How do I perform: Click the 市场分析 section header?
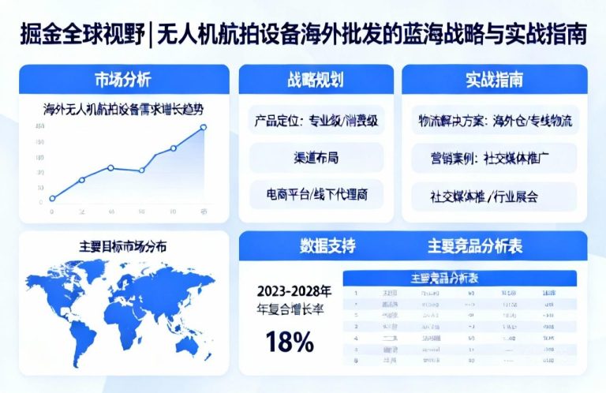tap(123, 80)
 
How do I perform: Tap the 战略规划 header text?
tap(316, 80)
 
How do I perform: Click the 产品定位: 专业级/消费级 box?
tap(316, 122)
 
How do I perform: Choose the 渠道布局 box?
tap(316, 157)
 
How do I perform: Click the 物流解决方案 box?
tap(495, 122)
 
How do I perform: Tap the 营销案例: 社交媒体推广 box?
tap(495, 157)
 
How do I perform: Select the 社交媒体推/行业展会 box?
tap(495, 193)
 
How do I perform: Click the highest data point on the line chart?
tap(204, 127)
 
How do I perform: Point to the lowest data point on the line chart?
tap(52, 199)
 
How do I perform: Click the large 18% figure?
tap(289, 341)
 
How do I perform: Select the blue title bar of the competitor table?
tap(459, 279)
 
